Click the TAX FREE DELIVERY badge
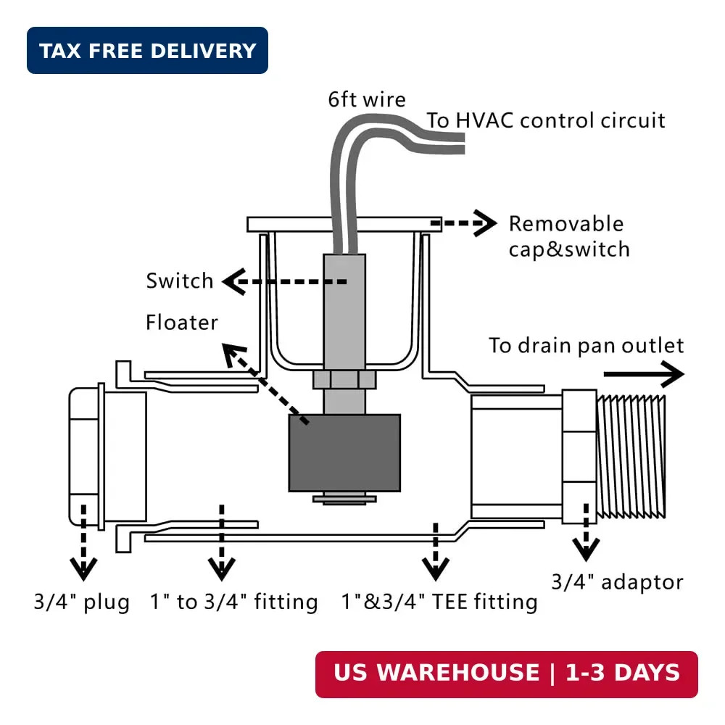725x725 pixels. (147, 51)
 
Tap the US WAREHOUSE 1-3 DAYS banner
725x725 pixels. (506, 674)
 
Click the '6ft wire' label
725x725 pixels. (367, 99)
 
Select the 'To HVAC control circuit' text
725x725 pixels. (546, 120)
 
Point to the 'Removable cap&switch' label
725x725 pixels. (569, 236)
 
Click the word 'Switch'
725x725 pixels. (179, 281)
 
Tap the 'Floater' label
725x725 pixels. (182, 323)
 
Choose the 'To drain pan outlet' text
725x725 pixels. (587, 346)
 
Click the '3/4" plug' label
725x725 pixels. (81, 602)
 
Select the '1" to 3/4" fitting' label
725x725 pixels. (234, 602)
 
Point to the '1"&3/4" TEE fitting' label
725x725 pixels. (439, 602)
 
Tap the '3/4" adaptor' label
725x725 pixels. (617, 582)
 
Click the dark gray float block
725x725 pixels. (344, 452)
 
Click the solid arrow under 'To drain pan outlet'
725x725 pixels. (644, 373)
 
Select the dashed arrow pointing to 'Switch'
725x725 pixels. (284, 281)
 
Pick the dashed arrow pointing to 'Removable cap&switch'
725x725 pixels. (464, 223)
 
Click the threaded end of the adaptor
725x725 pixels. (631, 457)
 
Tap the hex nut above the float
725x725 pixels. (344, 380)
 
